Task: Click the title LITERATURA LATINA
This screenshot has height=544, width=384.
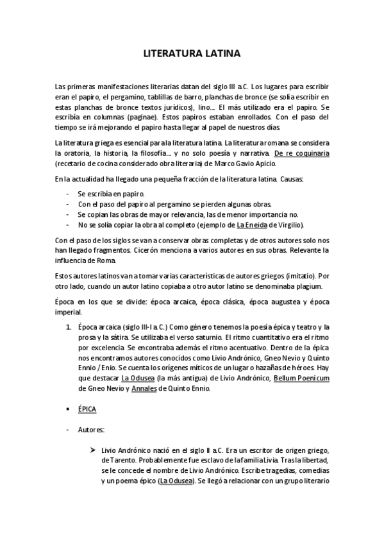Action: [x=192, y=55]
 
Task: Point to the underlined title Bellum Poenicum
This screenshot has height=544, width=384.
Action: [x=301, y=378]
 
